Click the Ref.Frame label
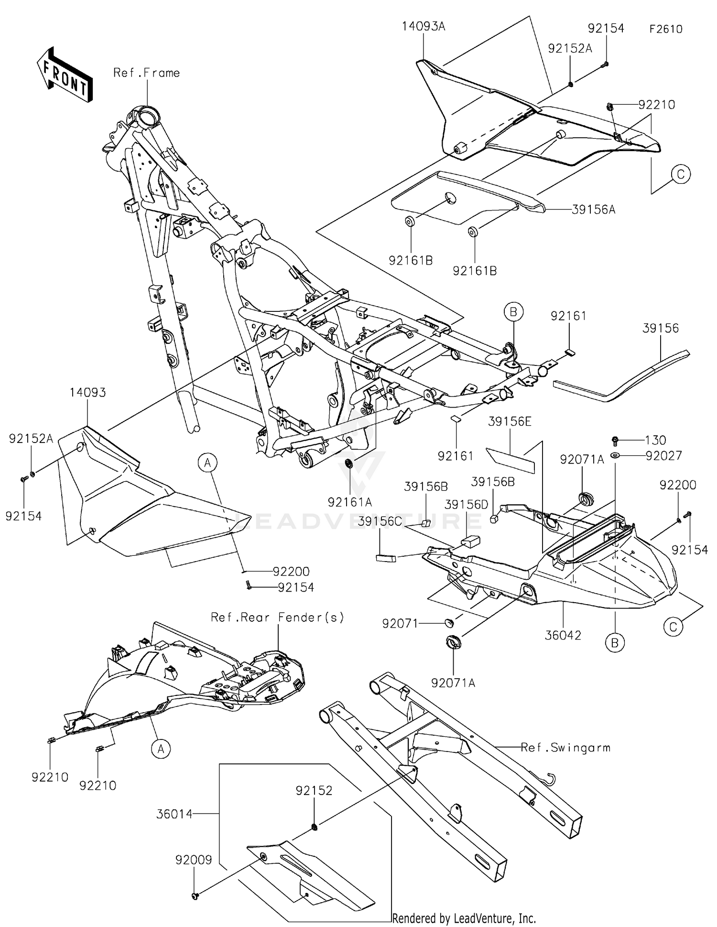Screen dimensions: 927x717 (x=146, y=73)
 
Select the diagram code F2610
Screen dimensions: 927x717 (x=665, y=29)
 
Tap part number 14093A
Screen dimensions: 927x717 (x=423, y=26)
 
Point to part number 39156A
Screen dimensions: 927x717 (x=593, y=210)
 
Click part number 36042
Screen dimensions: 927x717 (x=563, y=635)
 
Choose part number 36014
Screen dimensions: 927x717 (x=174, y=814)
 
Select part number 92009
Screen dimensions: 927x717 (x=193, y=860)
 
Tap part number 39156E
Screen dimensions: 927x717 (x=510, y=421)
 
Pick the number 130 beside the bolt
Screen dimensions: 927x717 (x=655, y=440)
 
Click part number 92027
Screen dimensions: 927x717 (x=663, y=455)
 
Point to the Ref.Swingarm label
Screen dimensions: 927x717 (x=565, y=747)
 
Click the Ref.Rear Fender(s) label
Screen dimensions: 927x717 (x=277, y=618)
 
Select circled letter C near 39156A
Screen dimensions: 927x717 (x=681, y=174)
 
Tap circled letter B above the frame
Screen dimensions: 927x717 (x=513, y=312)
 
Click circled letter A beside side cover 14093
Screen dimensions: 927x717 (x=207, y=463)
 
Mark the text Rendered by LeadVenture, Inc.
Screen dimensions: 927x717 (x=464, y=918)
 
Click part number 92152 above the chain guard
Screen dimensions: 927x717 (x=314, y=790)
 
